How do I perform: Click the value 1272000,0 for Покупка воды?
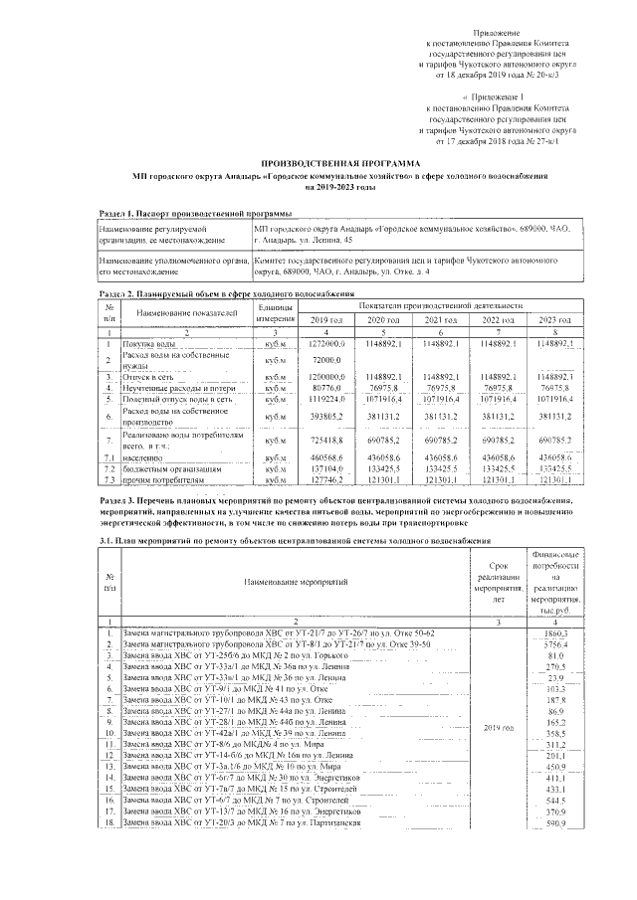325,343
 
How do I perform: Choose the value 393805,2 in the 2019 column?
325,417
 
